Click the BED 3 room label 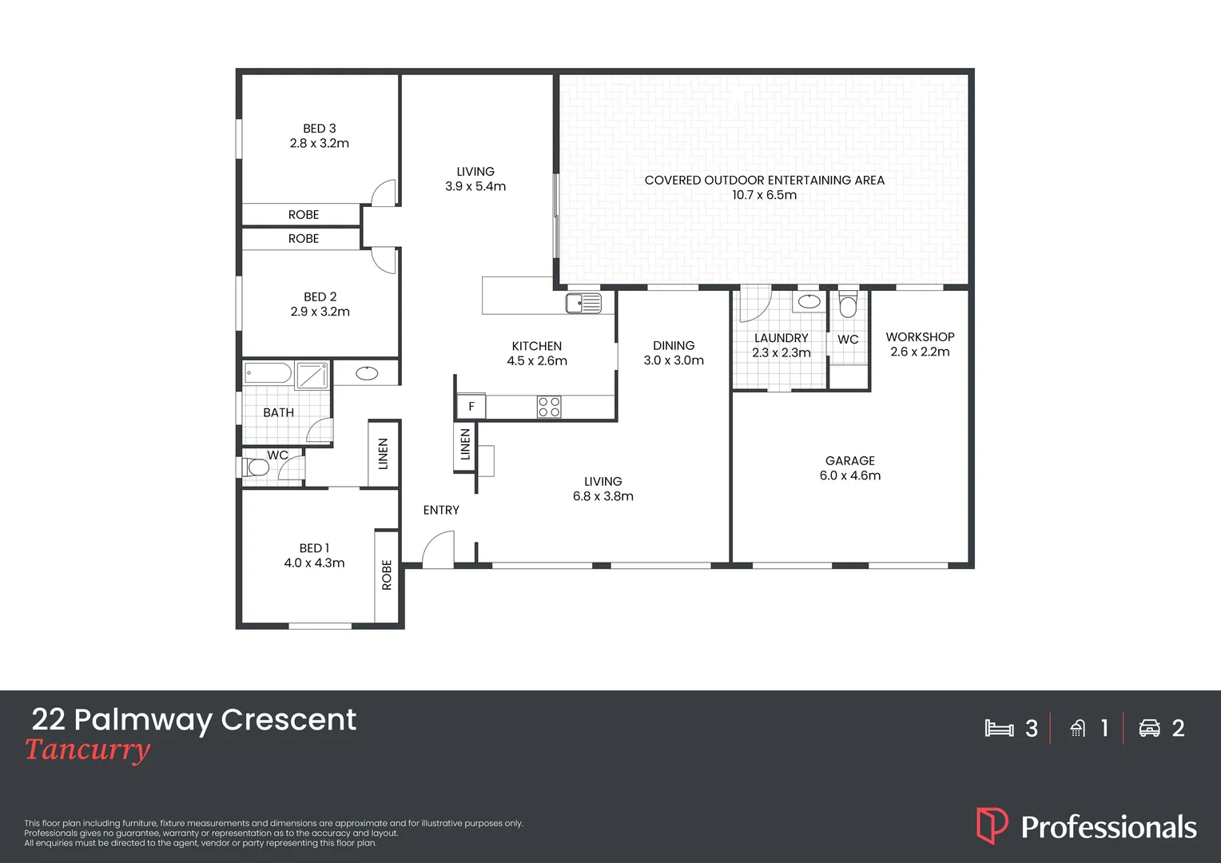(320, 129)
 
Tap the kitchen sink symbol (583, 303)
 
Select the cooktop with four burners (549, 407)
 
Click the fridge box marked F (471, 407)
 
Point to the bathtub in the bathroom (268, 373)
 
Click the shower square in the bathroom (312, 375)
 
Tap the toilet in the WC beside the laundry (848, 305)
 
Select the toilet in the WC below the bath (257, 467)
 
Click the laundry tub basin (809, 301)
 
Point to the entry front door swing (438, 551)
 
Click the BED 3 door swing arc (384, 193)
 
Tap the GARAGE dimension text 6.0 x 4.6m (850, 475)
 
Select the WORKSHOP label (920, 337)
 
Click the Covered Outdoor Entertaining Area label (764, 181)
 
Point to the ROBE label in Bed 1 (387, 575)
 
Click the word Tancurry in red (87, 750)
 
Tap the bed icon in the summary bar (999, 728)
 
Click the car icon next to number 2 (1149, 728)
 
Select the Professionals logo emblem (992, 825)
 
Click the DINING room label (674, 346)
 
